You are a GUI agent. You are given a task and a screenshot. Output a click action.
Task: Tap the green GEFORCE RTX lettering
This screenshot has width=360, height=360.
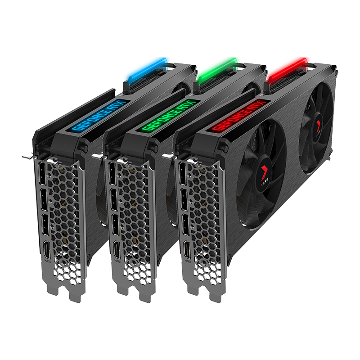(166, 114)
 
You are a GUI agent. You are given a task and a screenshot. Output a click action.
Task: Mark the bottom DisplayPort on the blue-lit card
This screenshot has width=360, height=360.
(45, 224)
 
